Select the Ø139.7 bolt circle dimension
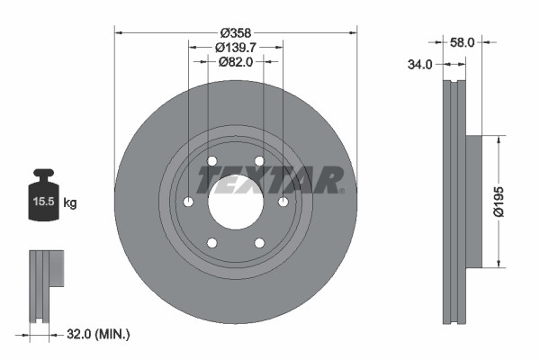pos(236,47)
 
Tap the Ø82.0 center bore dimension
pos(236,61)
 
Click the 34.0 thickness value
pos(421,65)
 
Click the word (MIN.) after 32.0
pos(115,334)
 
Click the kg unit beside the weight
pos(70,203)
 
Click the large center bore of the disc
pos(236,201)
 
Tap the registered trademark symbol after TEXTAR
pos(342,190)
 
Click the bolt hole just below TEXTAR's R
pos(283,202)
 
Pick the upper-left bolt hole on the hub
pos(212,161)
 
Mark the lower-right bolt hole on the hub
pos(259,242)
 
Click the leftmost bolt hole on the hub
pos(189,202)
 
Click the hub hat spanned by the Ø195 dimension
pos(476,202)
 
